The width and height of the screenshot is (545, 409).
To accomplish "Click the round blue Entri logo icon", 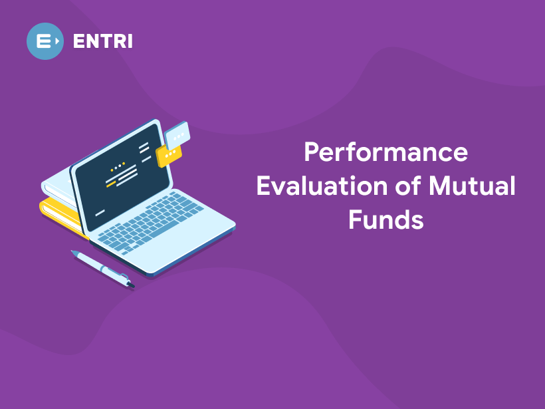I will coord(45,41).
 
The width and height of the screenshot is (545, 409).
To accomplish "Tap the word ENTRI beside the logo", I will coord(102,41).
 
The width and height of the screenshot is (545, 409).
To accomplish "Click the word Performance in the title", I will coord(385,152).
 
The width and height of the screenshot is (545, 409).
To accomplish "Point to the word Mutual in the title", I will coord(471,186).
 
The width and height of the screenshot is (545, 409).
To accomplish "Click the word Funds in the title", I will coord(385,219).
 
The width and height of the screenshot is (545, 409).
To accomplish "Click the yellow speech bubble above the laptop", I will coord(169,156).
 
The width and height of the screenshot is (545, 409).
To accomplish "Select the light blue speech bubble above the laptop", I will coord(177,136).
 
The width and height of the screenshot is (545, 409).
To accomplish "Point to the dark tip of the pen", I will coord(131,285).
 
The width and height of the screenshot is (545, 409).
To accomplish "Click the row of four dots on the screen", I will coord(118,166).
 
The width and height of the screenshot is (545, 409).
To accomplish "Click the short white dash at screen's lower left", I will coord(100,213).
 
